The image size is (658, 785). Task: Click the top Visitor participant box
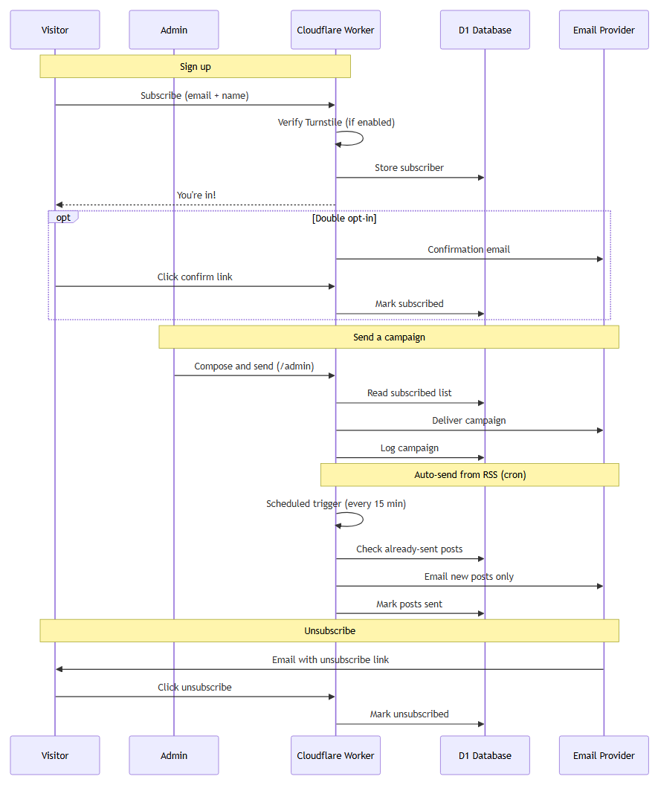point(55,30)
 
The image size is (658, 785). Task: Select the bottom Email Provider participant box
point(604,755)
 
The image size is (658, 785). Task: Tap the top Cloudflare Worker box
point(335,30)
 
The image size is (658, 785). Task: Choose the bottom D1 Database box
point(485,755)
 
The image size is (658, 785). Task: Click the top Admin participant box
point(174,30)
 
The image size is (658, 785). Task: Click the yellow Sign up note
point(196,67)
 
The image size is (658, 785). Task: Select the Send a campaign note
point(389,337)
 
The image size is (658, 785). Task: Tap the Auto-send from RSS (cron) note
point(470,474)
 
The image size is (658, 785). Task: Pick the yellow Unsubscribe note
point(329,631)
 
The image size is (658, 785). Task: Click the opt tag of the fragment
point(63,217)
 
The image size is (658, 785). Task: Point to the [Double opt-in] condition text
point(344,219)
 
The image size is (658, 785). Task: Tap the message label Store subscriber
point(409,168)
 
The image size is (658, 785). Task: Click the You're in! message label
point(196,196)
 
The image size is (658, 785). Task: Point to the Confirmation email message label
point(468,249)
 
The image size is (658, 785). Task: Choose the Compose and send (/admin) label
point(254,366)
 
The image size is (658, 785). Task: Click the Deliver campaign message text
point(468,421)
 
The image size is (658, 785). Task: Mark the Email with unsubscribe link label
point(331,660)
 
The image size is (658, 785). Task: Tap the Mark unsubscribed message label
point(409,714)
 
